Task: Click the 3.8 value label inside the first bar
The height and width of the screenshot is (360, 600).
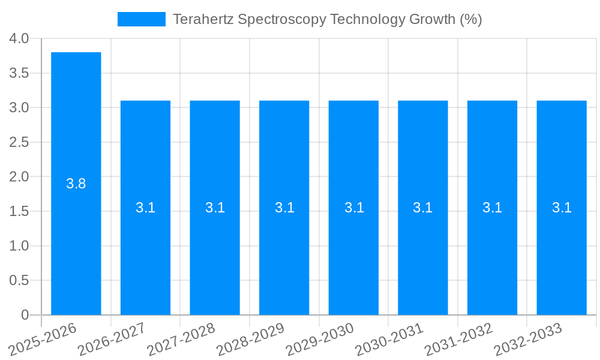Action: point(76,184)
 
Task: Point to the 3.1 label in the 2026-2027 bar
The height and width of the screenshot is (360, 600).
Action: point(145,208)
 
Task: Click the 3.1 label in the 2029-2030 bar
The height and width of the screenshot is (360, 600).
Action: point(354,208)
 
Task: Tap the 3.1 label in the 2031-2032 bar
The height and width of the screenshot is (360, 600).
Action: point(493,208)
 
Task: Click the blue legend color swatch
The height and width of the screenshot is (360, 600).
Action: point(142,19)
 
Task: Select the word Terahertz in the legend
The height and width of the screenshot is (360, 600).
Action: point(203,19)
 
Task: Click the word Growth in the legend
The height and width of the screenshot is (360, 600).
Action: point(432,19)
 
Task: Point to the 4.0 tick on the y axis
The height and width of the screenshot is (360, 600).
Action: point(19,38)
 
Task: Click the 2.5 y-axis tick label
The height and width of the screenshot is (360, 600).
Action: point(19,142)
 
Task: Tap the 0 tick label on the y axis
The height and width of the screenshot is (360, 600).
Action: point(25,315)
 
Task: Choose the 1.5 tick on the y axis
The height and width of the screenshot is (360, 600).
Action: point(19,211)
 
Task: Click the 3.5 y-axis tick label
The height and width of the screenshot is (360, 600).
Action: point(19,73)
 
